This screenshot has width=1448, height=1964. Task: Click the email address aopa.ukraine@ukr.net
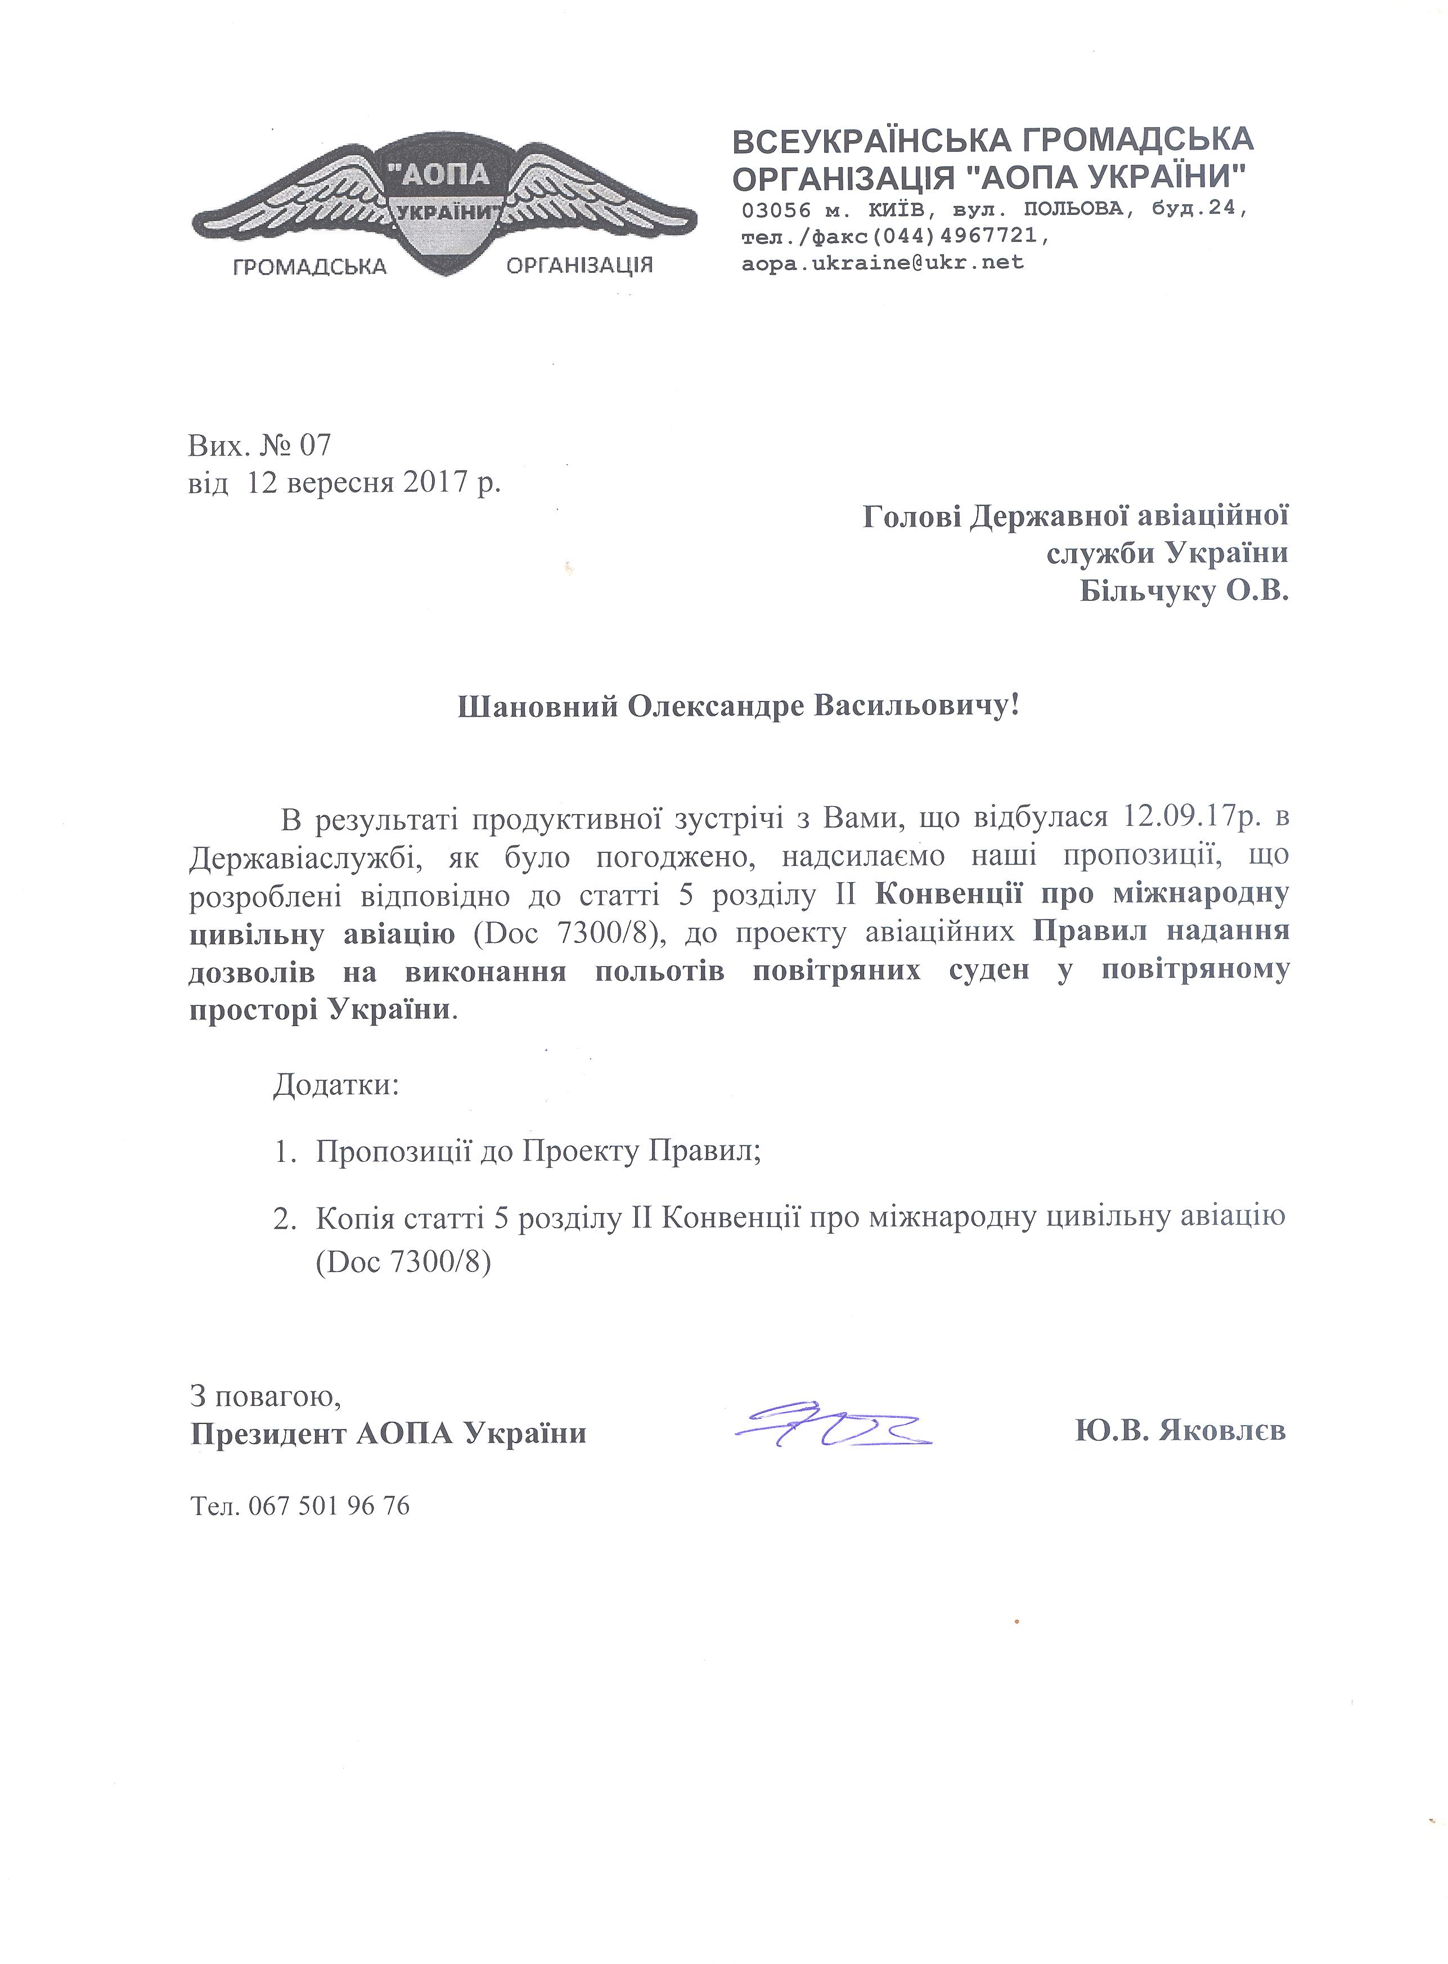[883, 262]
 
